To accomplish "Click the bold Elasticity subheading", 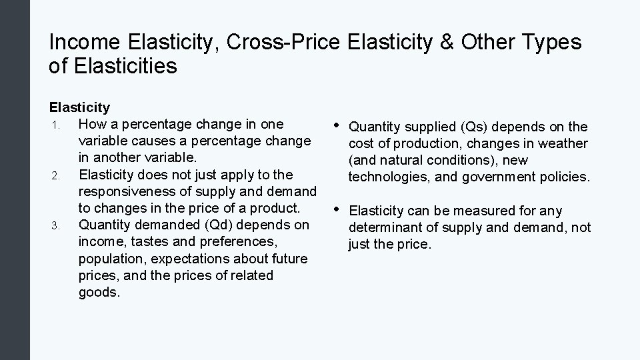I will click(x=79, y=107).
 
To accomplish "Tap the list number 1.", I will click(x=57, y=125).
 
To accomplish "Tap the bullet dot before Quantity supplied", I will click(x=337, y=125).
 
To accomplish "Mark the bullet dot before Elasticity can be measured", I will click(x=337, y=209).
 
